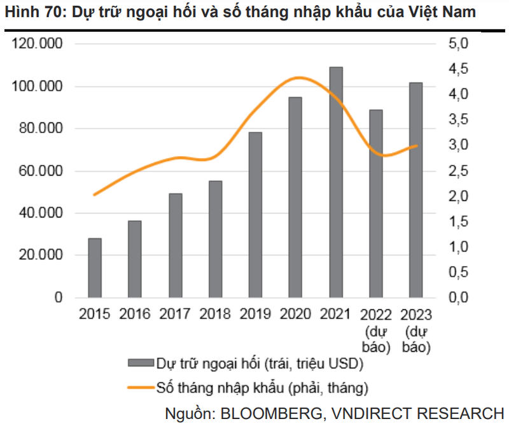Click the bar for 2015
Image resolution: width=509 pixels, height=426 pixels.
pos(95,267)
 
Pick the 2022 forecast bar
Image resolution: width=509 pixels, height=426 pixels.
pos(376,203)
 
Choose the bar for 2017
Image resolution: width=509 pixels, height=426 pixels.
pos(175,245)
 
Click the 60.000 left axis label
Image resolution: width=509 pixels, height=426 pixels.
pos(40,171)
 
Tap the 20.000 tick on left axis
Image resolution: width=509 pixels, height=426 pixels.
pos(40,255)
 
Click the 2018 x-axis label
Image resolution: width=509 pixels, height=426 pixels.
pos(215,315)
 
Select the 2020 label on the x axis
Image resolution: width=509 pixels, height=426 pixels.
pos(295,315)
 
